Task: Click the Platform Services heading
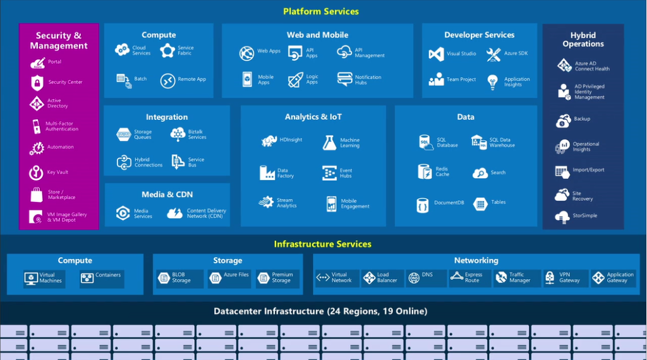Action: [x=321, y=11]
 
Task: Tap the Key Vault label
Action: [x=57, y=172]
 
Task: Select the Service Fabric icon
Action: [x=167, y=51]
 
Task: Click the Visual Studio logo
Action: [x=436, y=54]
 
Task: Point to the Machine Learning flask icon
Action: [x=329, y=143]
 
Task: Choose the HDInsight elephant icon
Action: [x=269, y=140]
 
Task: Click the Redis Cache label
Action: [x=442, y=172]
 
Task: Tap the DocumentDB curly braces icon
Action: [x=422, y=205]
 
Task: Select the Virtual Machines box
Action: [x=44, y=279]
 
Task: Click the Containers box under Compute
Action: [x=101, y=279]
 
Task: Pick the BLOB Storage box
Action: [x=179, y=279]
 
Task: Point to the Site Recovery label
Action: [x=583, y=196]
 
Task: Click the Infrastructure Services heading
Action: [x=322, y=244]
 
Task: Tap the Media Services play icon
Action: [x=123, y=213]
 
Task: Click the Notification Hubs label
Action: [x=368, y=80]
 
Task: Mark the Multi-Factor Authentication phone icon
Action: [x=37, y=126]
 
